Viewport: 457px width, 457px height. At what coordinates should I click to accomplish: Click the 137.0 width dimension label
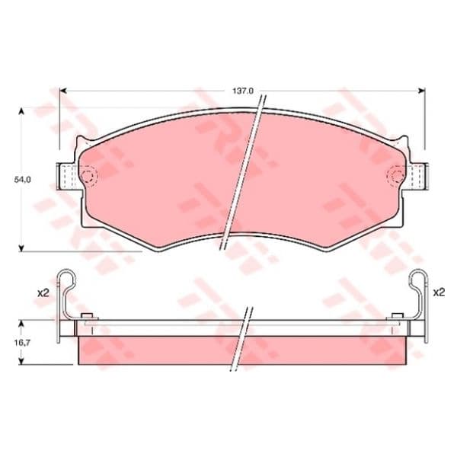[x=243, y=91]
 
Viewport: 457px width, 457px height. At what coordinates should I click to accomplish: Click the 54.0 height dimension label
[x=22, y=180]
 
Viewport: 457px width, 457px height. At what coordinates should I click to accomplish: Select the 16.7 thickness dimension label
[x=22, y=343]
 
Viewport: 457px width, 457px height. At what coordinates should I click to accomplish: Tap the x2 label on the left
[x=43, y=293]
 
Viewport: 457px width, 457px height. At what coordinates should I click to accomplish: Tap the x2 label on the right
[x=439, y=292]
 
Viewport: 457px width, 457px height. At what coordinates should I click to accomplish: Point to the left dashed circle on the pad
[x=88, y=176]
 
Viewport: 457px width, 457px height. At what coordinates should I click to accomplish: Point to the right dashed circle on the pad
[x=396, y=176]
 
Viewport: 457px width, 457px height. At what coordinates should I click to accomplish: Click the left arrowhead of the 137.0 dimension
[x=63, y=91]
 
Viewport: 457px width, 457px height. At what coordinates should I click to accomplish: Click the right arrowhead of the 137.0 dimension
[x=421, y=91]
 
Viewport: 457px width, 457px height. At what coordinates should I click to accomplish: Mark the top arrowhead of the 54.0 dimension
[x=21, y=111]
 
